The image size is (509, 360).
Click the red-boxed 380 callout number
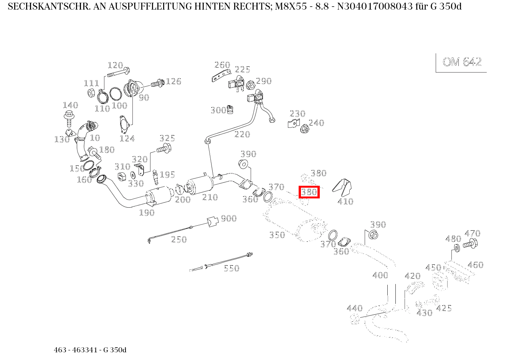point(309,192)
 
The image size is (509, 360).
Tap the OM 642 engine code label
point(462,62)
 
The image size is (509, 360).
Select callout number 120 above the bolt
point(115,65)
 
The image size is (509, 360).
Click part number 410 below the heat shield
point(345,201)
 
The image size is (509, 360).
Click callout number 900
point(228,218)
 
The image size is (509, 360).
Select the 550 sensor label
point(231,268)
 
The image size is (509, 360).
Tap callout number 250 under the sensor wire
point(178,239)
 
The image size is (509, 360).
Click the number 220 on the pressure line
point(242,134)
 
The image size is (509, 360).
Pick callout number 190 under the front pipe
point(147,212)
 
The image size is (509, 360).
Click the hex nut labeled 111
point(92,92)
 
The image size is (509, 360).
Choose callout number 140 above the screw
point(70,105)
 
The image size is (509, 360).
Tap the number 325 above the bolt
point(167,138)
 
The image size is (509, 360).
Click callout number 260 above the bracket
point(222,65)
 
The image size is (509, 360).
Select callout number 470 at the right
point(472,233)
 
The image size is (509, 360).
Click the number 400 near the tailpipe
point(380,275)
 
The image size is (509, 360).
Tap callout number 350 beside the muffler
point(277,235)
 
